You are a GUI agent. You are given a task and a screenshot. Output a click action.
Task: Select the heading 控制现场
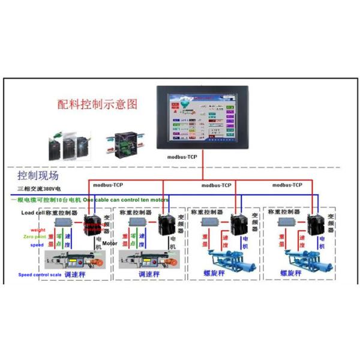coord(38,176)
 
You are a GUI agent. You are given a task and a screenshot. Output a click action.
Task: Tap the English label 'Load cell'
coord(32,212)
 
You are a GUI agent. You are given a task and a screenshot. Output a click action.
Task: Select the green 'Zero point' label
coord(35,238)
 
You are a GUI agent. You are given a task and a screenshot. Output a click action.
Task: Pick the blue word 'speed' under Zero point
coord(37,245)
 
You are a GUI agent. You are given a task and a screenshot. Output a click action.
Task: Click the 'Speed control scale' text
coord(40,274)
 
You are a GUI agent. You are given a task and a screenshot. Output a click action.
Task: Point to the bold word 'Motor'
coord(110,244)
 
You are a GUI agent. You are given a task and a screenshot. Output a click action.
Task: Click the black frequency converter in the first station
coord(94,224)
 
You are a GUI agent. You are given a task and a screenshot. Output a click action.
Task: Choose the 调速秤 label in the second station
coord(148,274)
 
